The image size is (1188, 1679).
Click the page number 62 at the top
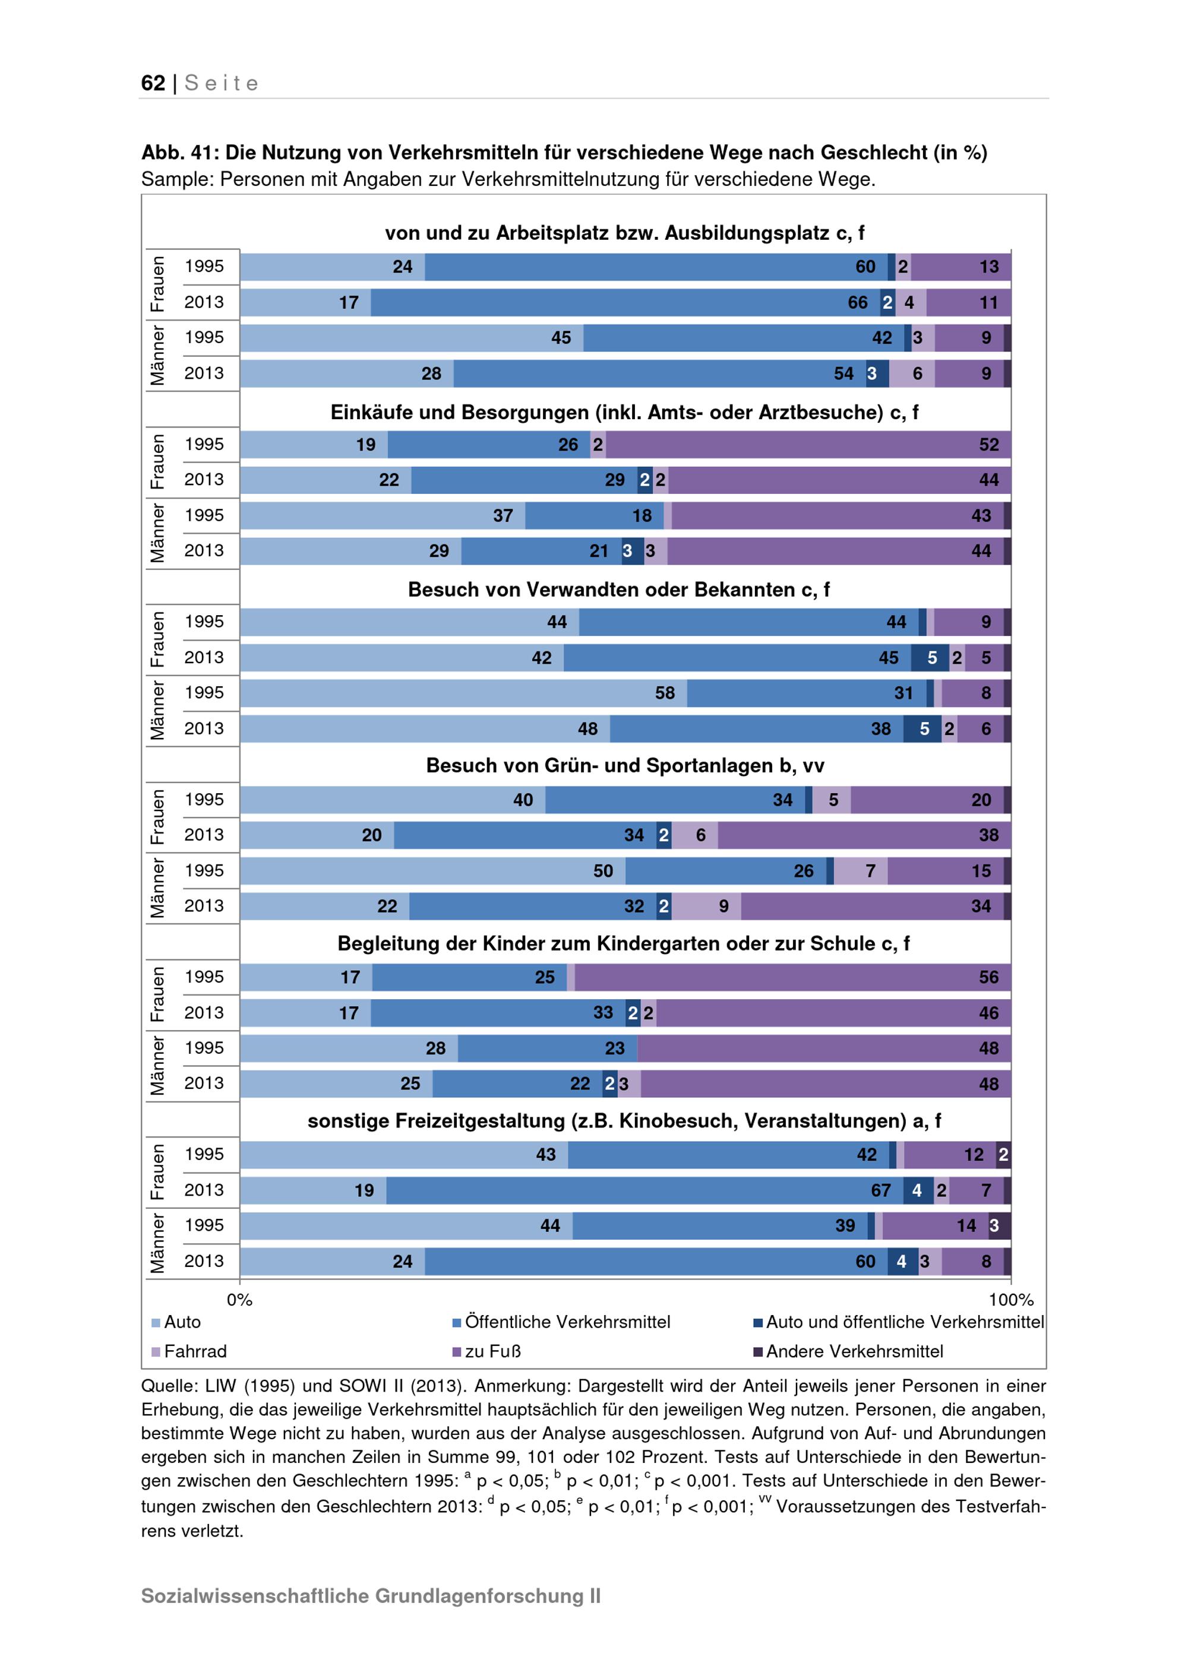click(153, 83)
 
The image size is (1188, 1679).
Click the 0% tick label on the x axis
click(239, 1300)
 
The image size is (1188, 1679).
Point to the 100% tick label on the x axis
click(1011, 1300)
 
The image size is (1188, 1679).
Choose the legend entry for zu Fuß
click(486, 1351)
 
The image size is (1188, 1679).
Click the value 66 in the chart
click(857, 303)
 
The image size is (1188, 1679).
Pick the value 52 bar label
click(989, 445)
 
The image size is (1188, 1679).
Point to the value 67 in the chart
click(881, 1190)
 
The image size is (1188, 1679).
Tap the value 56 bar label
click(989, 977)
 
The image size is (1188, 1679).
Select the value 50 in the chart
click(603, 871)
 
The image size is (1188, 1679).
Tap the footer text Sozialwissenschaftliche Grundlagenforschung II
click(371, 1596)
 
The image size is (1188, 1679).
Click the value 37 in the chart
click(503, 515)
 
